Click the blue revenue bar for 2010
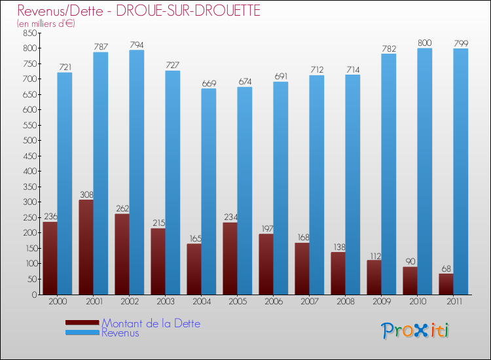point(424,171)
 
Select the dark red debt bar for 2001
point(86,247)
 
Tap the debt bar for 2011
point(446,284)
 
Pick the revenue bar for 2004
point(208,191)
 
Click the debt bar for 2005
point(230,259)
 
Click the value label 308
point(86,194)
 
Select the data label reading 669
point(208,83)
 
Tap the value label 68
point(446,268)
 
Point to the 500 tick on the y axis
point(29,140)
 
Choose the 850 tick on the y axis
point(29,33)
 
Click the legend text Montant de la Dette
point(151,323)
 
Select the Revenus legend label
point(120,333)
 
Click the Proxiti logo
point(416,330)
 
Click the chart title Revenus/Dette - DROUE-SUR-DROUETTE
point(139,10)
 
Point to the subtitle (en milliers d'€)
point(46,24)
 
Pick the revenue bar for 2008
point(352,185)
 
